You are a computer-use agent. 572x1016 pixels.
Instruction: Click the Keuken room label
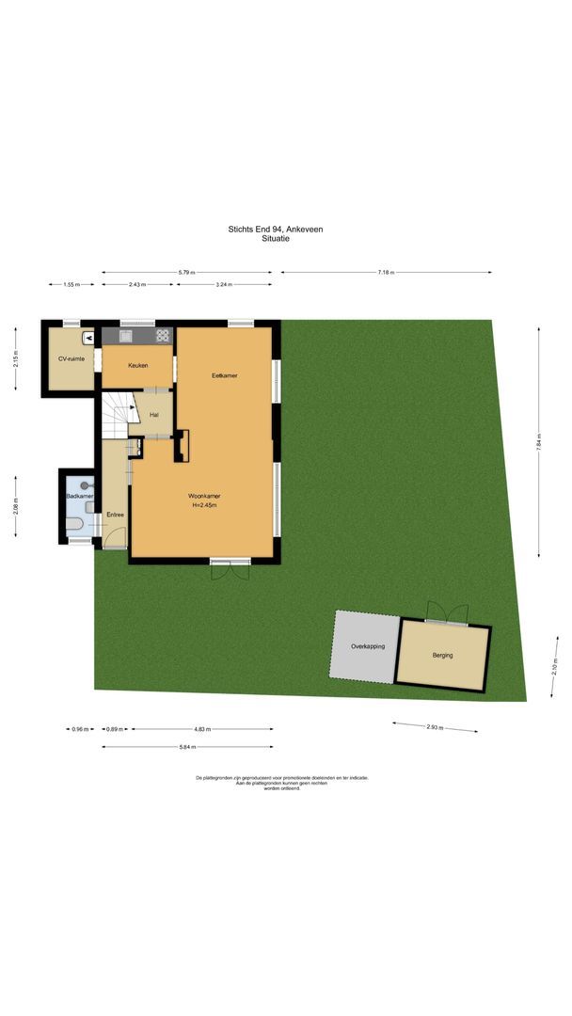(138, 366)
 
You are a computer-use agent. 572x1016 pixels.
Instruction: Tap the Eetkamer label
(224, 375)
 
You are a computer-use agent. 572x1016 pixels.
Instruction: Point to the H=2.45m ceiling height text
(204, 505)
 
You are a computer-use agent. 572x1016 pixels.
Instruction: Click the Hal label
(153, 415)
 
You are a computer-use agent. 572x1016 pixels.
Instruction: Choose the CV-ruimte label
(71, 358)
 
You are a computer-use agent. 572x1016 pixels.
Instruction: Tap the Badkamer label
(79, 496)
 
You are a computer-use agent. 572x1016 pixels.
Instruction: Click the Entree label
(115, 515)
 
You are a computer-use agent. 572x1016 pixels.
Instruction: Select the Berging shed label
(443, 655)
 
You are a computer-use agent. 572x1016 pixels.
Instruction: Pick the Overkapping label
(364, 647)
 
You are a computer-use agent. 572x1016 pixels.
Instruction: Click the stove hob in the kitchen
(163, 334)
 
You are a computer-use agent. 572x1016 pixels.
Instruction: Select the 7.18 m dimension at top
(385, 272)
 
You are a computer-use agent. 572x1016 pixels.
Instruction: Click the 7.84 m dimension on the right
(539, 442)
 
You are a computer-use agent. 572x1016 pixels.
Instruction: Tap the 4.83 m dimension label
(202, 729)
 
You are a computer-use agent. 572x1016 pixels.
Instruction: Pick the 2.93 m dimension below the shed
(435, 727)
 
